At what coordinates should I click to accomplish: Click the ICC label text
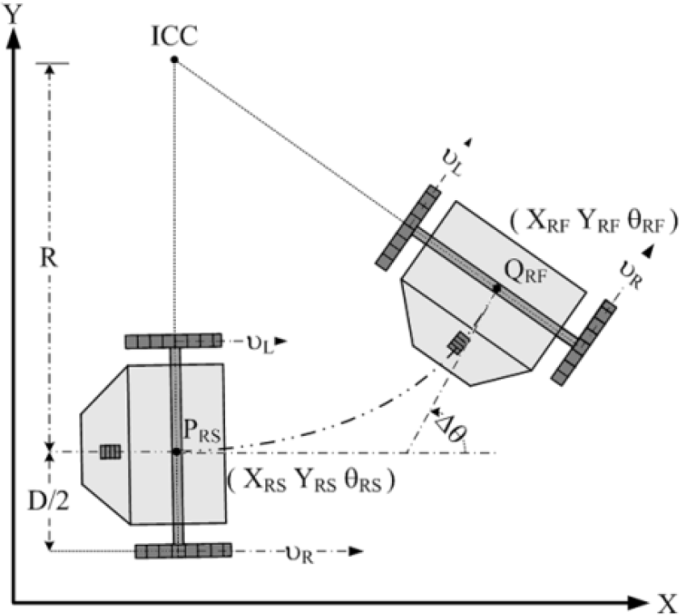175,36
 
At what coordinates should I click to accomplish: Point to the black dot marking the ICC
174,60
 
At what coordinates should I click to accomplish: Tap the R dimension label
48,259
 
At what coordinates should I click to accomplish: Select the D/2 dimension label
48,501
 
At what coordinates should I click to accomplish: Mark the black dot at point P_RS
176,452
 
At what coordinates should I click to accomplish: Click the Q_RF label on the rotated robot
526,273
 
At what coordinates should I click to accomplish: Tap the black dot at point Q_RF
497,288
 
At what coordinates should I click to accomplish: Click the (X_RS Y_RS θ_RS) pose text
311,480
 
